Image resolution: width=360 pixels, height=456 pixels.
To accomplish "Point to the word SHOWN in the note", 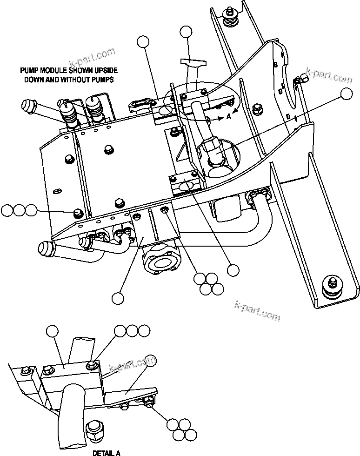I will [x=82, y=71].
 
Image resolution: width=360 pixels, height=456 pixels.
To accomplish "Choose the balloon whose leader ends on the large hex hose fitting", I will [x=346, y=94].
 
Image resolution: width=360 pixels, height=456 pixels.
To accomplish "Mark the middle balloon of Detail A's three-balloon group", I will [x=133, y=331].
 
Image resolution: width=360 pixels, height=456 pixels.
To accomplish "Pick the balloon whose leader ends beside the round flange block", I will [x=118, y=296].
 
